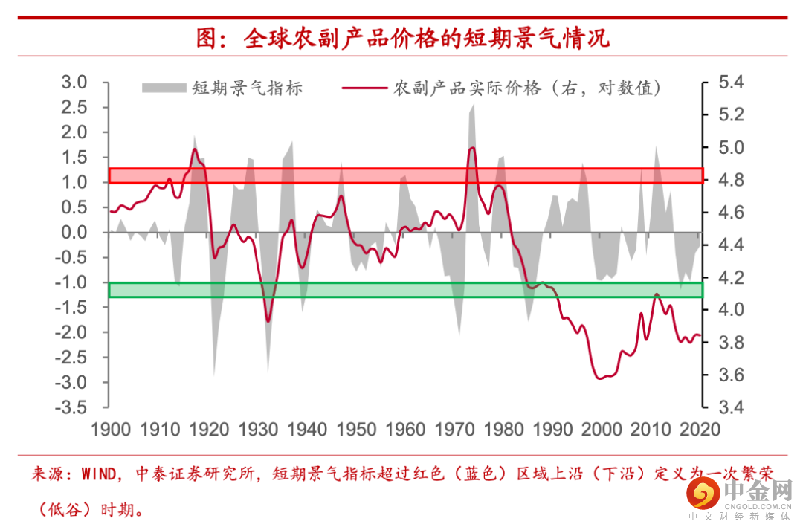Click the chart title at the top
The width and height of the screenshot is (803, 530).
coord(402,38)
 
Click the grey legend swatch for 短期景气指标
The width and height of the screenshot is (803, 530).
coord(163,88)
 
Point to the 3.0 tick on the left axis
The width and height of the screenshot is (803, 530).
coord(74,82)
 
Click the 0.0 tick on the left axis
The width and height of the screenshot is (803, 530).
coord(74,233)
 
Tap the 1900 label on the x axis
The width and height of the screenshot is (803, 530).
coord(110,430)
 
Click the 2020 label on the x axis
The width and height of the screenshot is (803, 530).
coord(700,430)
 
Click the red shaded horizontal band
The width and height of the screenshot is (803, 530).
coord(406,175)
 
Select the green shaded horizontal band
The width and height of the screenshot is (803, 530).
coord(406,290)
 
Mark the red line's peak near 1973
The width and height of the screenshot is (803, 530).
coord(471,149)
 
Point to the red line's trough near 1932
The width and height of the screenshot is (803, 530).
coord(268,321)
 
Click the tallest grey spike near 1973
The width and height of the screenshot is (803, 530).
coord(472,108)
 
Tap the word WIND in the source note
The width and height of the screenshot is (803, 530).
coord(98,474)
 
